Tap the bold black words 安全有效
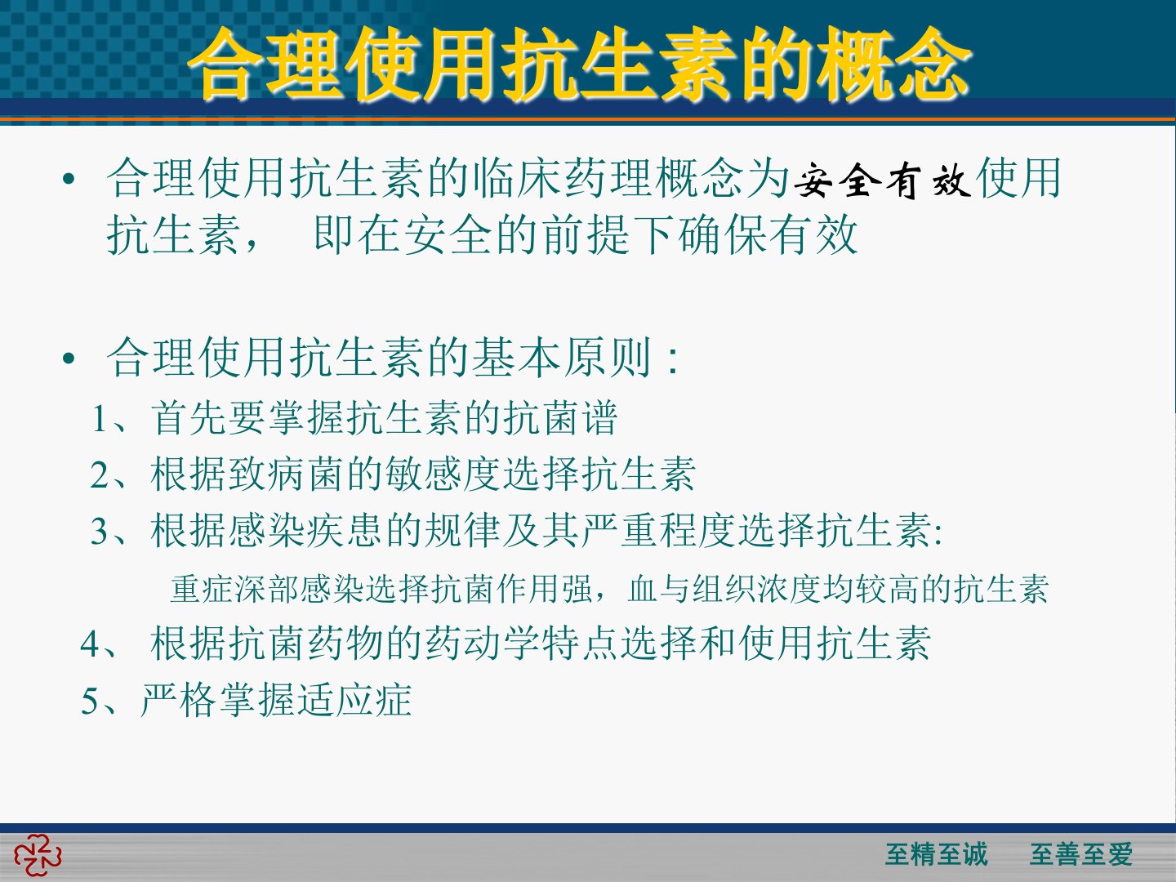pyautogui.click(x=882, y=180)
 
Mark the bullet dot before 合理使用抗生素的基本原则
pyautogui.click(x=68, y=359)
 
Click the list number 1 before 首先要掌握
pyautogui.click(x=100, y=418)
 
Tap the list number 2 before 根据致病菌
pyautogui.click(x=100, y=475)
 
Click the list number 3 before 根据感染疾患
pyautogui.click(x=100, y=532)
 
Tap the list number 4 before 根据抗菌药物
pyautogui.click(x=91, y=644)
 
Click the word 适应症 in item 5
pyautogui.click(x=354, y=699)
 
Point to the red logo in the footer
pyautogui.click(x=38, y=856)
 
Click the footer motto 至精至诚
pyautogui.click(x=936, y=854)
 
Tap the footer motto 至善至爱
pyautogui.click(x=1081, y=854)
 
